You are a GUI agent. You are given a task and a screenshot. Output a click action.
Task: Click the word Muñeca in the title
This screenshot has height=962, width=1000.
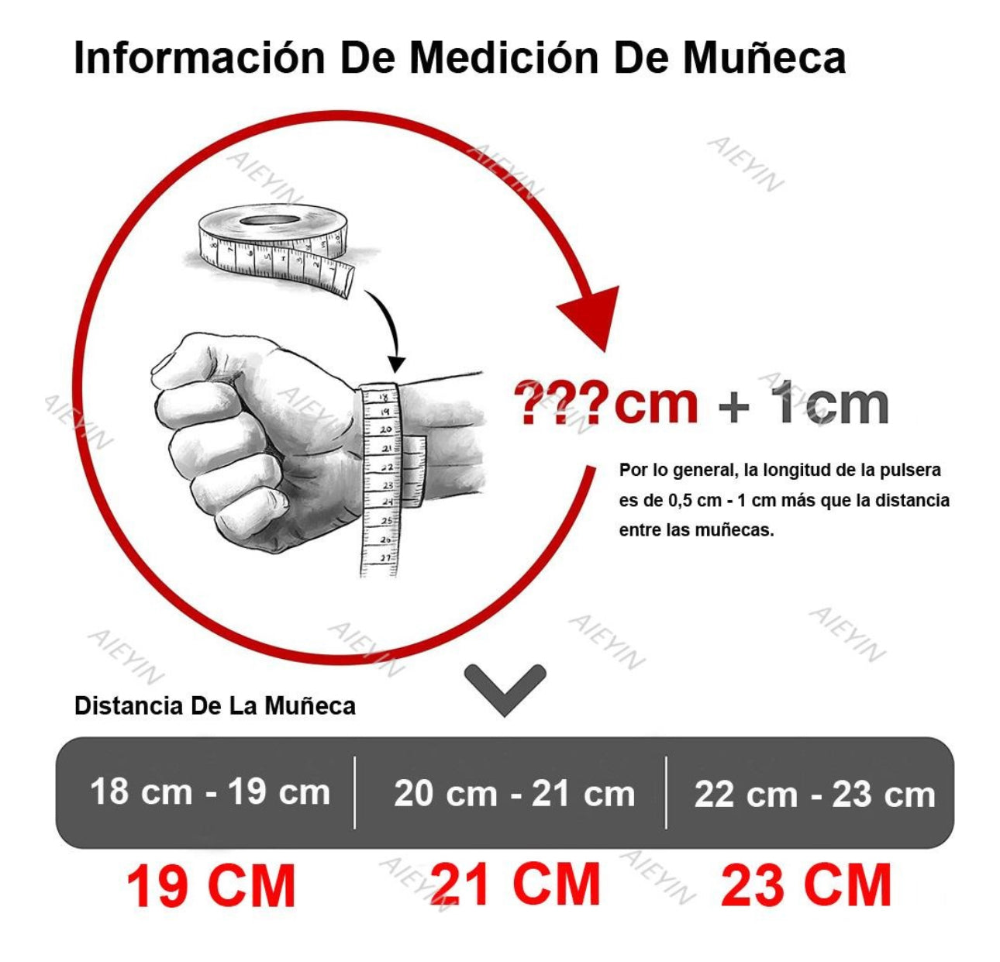pyautogui.click(x=764, y=57)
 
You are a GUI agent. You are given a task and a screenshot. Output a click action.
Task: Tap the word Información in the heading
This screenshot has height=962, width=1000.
pyautogui.click(x=199, y=57)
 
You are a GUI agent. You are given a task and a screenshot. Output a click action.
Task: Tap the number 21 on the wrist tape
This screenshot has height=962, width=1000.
pyautogui.click(x=386, y=448)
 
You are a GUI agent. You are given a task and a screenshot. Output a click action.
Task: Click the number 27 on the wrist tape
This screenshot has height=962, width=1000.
pyautogui.click(x=385, y=557)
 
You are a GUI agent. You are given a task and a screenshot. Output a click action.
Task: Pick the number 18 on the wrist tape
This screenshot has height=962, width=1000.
pyautogui.click(x=384, y=396)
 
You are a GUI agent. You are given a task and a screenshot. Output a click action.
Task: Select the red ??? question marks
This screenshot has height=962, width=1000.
pyautogui.click(x=562, y=403)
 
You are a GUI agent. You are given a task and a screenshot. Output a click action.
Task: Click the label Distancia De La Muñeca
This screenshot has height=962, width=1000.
pyautogui.click(x=215, y=705)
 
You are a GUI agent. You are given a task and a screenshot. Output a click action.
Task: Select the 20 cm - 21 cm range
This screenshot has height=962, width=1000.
pyautogui.click(x=514, y=794)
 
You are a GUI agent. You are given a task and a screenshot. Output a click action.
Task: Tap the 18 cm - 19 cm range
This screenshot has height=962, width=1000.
pyautogui.click(x=210, y=792)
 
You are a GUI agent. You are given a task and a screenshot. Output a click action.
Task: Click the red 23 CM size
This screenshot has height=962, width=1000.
pyautogui.click(x=805, y=886)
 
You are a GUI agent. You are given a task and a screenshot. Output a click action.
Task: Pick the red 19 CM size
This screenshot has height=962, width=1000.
pyautogui.click(x=211, y=888)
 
